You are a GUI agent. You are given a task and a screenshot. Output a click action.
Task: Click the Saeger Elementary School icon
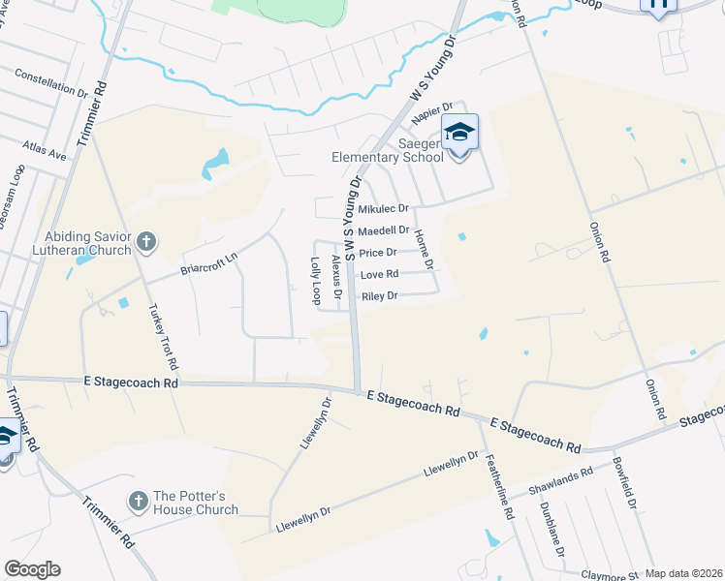point(460,133)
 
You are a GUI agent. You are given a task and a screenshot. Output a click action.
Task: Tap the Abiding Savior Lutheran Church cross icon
point(146,241)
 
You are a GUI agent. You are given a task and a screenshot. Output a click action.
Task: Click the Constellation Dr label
point(51,86)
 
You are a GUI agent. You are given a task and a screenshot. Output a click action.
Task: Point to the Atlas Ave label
point(45,150)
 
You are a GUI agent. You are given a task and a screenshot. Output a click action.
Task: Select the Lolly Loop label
point(315,281)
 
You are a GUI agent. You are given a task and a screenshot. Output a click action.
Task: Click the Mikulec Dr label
point(384,209)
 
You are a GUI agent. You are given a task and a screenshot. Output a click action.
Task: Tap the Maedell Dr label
point(384,230)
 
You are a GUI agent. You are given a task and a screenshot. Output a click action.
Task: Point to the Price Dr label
point(378,253)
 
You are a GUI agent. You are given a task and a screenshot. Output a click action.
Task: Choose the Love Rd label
point(379,275)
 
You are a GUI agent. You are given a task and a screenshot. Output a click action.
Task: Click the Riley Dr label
point(379,296)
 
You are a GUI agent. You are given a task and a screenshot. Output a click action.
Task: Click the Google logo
point(32,569)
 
